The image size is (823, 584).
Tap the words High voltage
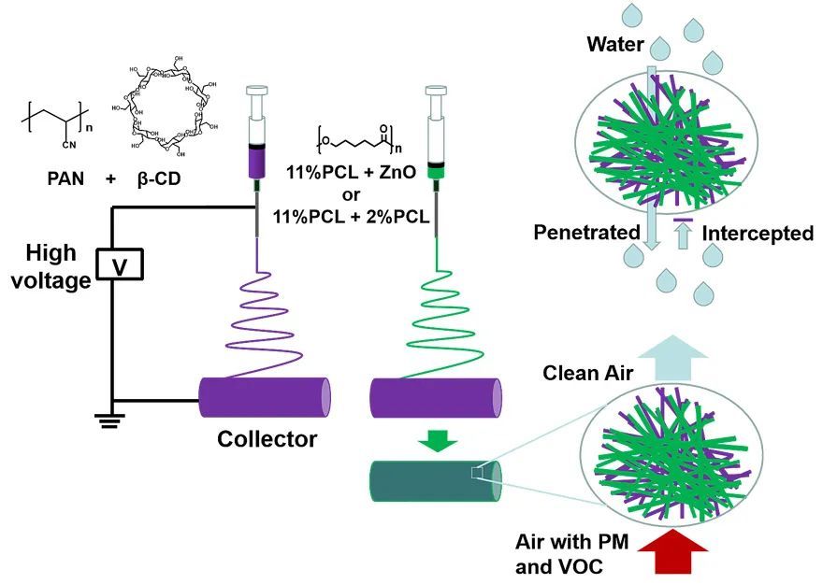click(52, 266)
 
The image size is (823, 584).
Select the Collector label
click(266, 438)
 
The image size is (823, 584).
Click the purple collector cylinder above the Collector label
click(266, 397)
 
